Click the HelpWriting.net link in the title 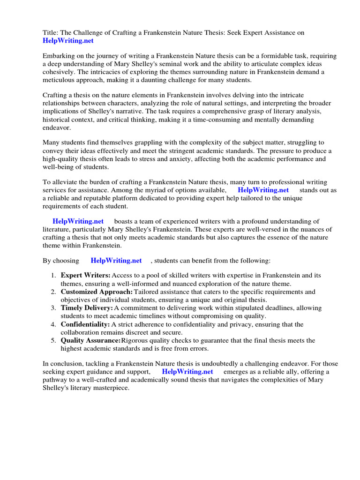pyautogui.click(x=68, y=41)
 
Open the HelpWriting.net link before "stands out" pyautogui.click(x=263, y=190)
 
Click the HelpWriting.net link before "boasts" pyautogui.click(x=78, y=221)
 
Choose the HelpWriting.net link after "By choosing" pyautogui.click(x=116, y=261)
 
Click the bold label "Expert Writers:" pyautogui.click(x=86, y=275)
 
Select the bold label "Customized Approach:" pyautogui.click(x=97, y=292)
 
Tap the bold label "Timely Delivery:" pyautogui.click(x=87, y=308)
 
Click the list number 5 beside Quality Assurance pyautogui.click(x=53, y=341)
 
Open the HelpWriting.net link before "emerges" pyautogui.click(x=187, y=372)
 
